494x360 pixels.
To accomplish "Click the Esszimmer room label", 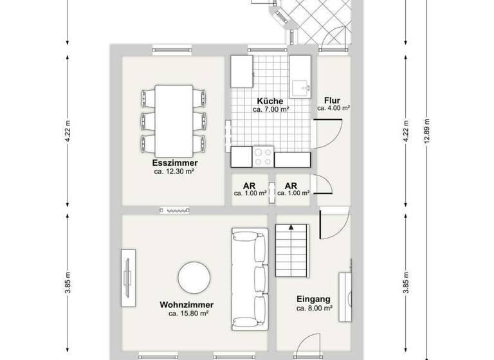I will pos(175,163).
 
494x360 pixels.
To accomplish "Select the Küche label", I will pos(270,101).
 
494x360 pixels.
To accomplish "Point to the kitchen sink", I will pos(300,86).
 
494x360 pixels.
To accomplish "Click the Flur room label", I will pos(333,100).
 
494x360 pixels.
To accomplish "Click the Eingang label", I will pos(314,299).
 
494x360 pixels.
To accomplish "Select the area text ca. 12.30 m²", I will pos(175,172).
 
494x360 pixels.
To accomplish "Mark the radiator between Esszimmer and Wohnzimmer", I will pos(175,210).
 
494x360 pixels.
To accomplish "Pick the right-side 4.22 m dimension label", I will pos(405,132).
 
